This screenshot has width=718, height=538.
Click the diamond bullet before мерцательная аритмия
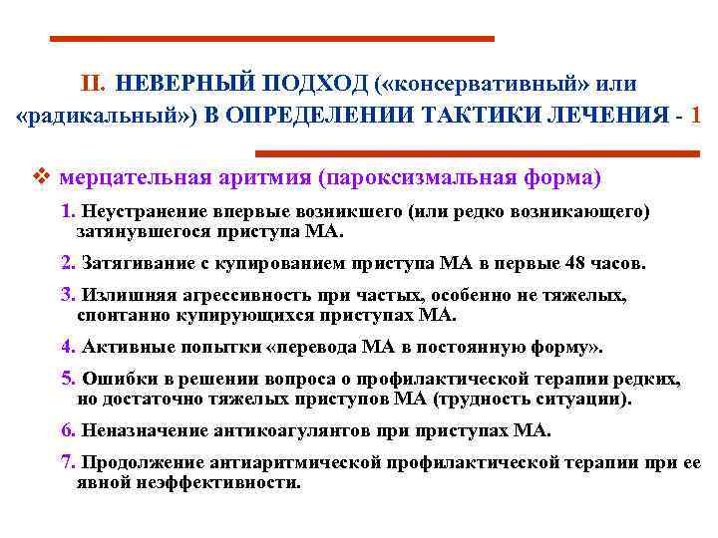41,178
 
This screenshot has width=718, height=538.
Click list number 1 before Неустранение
66,212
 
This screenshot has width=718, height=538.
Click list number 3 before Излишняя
66,296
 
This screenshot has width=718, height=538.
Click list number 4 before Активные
66,348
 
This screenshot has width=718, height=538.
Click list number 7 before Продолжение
66,463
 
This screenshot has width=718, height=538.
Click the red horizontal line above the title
272,39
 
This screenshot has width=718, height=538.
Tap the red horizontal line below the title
477,153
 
